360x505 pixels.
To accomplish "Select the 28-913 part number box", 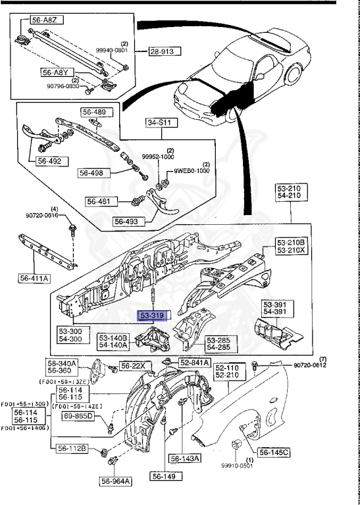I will (164, 51).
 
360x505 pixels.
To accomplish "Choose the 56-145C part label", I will (274, 452).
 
